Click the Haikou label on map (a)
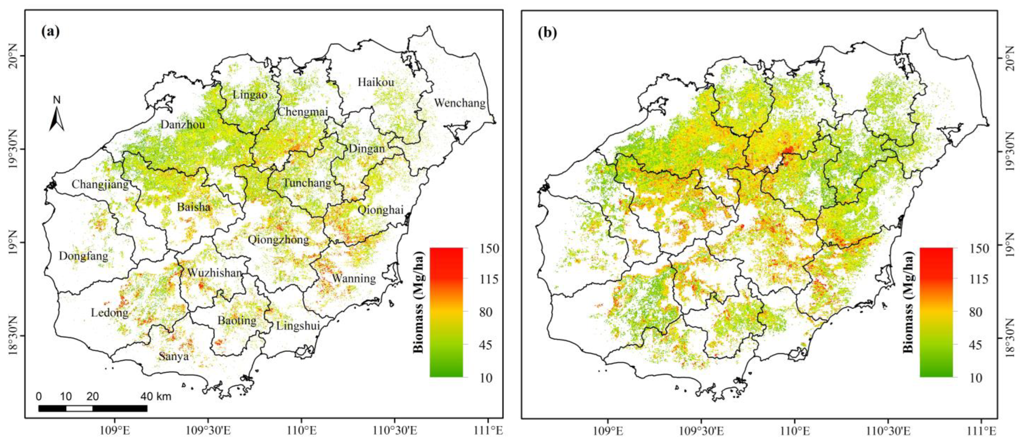tap(376, 82)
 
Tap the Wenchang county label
tap(459, 103)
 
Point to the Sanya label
tap(173, 356)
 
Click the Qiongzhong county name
tap(278, 239)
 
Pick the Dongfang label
tap(83, 256)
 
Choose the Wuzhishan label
tap(214, 273)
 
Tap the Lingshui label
tap(298, 326)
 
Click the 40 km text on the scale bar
tap(156, 396)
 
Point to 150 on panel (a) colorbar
tap(481, 249)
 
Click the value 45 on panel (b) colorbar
tap(971, 345)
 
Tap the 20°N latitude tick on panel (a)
tap(12, 56)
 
